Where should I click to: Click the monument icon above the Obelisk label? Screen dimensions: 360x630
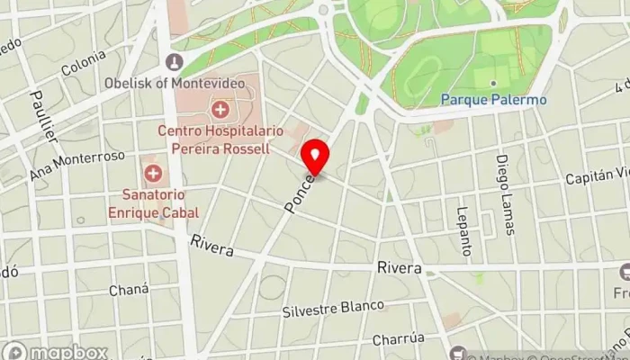pyautogui.click(x=175, y=63)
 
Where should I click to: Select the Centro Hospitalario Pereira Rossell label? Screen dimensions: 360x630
pyautogui.click(x=220, y=139)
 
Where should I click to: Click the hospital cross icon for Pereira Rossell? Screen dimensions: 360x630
pyautogui.click(x=220, y=110)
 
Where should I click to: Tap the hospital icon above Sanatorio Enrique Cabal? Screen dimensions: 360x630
pyautogui.click(x=153, y=172)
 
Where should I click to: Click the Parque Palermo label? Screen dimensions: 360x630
pyautogui.click(x=493, y=100)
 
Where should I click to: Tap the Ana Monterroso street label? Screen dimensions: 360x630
pyautogui.click(x=76, y=164)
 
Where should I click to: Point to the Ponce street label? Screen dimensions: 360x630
pyautogui.click(x=300, y=192)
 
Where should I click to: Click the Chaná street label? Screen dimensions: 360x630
pyautogui.click(x=122, y=290)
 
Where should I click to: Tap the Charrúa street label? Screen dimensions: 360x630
pyautogui.click(x=398, y=341)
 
